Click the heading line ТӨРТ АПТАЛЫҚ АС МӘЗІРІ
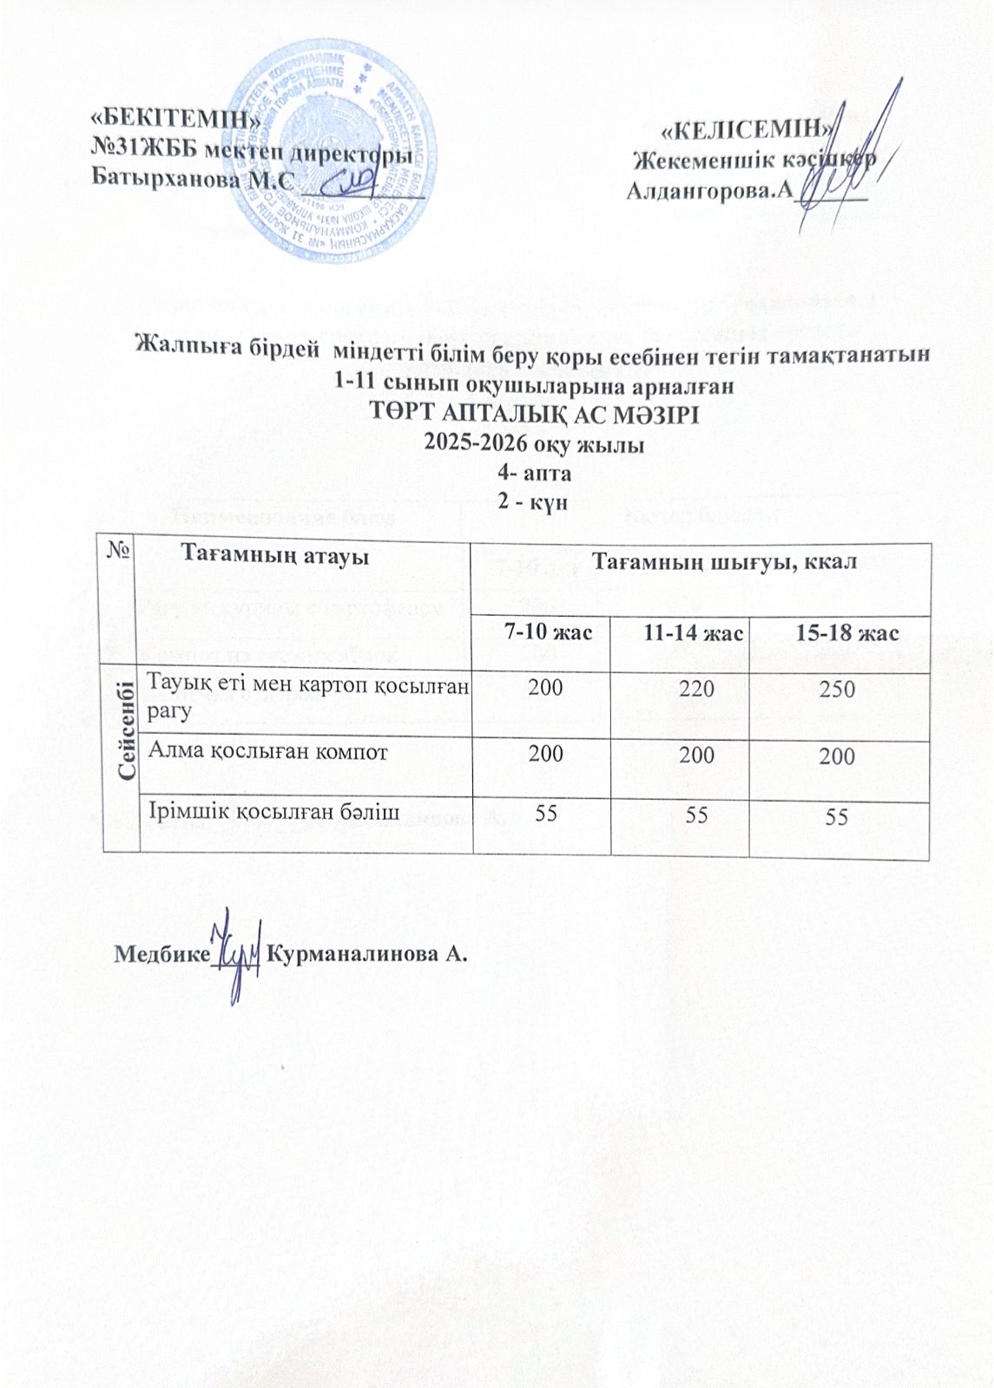coord(534,414)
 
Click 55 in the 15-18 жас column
coord(837,816)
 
